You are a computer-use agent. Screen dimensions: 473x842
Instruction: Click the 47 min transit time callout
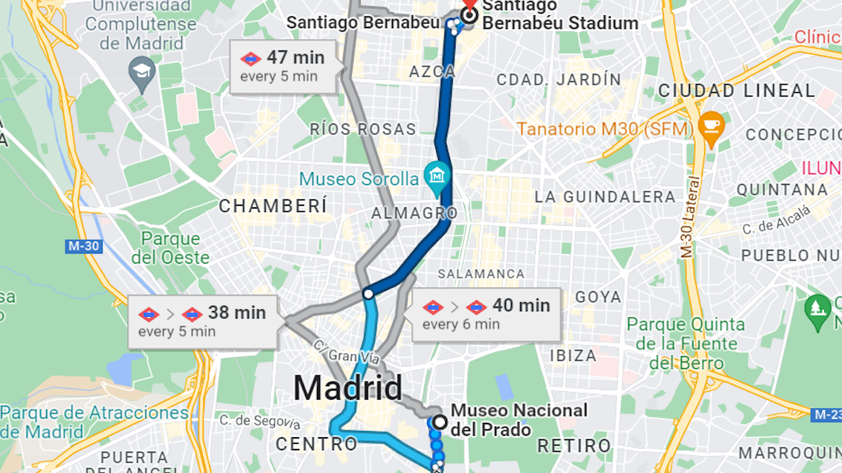(287, 65)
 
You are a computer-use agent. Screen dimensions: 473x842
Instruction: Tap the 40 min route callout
(486, 314)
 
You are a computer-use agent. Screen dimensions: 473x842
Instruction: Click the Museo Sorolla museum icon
(435, 176)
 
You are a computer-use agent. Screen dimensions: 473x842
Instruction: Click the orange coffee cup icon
(711, 127)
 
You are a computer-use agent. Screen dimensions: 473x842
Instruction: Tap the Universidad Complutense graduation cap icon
(142, 72)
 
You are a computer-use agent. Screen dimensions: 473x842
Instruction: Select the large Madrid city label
(348, 388)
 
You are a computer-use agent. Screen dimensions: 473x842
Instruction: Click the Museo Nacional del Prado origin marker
(439, 421)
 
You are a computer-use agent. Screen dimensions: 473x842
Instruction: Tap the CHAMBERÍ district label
(273, 206)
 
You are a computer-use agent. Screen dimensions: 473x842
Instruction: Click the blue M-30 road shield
(84, 246)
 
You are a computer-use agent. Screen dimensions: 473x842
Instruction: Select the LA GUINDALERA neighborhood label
(605, 197)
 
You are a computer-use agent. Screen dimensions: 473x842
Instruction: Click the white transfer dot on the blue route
(368, 294)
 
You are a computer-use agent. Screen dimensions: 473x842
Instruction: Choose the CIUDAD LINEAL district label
(737, 91)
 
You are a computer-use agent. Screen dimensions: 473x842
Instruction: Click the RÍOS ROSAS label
(363, 129)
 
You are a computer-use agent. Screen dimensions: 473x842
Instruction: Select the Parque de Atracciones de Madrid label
(94, 422)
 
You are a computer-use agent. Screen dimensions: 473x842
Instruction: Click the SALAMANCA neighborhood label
(481, 274)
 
